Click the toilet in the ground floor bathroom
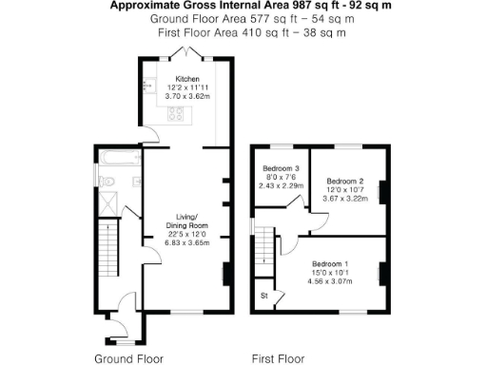(x=107, y=181)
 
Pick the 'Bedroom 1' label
(x=332, y=262)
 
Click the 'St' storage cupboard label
(x=263, y=297)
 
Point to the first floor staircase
(x=263, y=250)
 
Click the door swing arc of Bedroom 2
(x=322, y=222)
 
